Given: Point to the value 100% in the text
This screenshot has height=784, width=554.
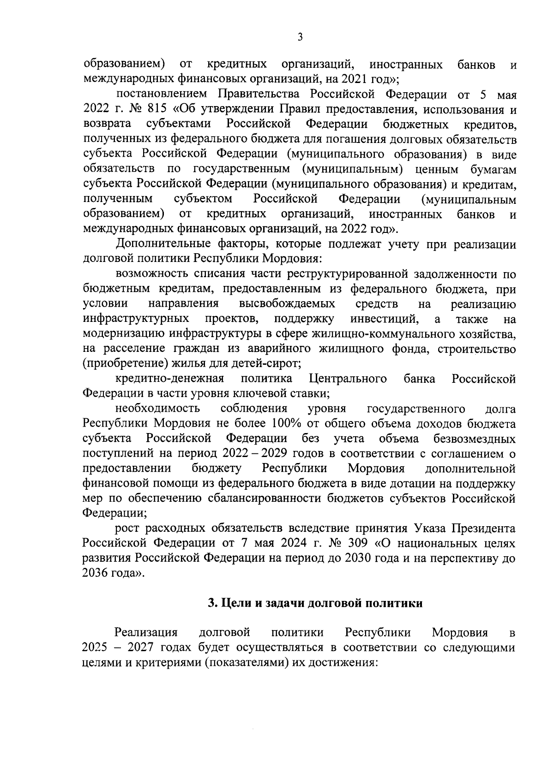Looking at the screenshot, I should click(x=286, y=423).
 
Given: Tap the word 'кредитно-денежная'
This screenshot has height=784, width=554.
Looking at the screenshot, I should click(x=169, y=379).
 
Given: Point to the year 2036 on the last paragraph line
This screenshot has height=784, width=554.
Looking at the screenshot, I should click(x=94, y=573).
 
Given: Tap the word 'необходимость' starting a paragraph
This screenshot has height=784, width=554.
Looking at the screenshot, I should click(x=157, y=409).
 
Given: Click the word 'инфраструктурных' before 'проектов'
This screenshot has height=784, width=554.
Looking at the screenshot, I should click(x=136, y=319).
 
